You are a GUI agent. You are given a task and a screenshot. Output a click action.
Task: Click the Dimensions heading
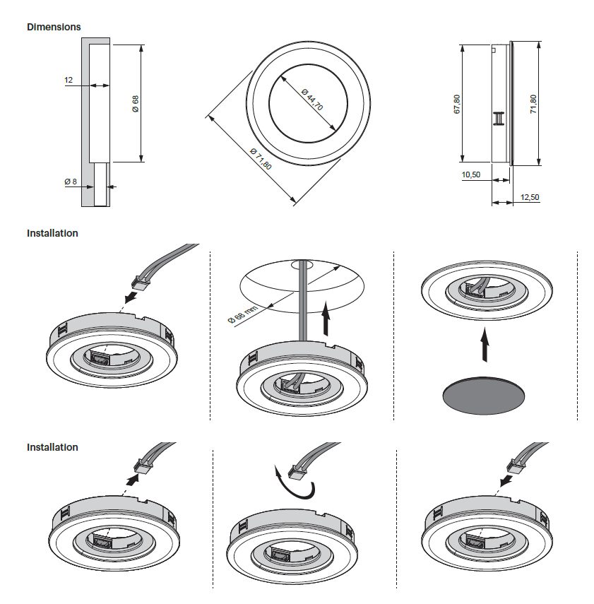[x=54, y=27]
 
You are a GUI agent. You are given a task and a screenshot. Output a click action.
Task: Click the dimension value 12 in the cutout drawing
[x=69, y=81]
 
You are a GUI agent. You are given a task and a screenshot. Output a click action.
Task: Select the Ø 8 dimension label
[x=70, y=182]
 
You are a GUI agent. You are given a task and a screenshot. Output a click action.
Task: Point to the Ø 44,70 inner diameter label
[x=311, y=100]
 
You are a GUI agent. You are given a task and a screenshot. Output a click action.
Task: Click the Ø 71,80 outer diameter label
[x=261, y=160]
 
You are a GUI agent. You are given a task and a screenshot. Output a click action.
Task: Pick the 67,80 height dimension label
[x=456, y=104]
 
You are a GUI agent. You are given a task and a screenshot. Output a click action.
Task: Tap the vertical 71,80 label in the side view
[x=533, y=104]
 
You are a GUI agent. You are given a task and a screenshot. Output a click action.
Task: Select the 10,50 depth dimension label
[x=470, y=174]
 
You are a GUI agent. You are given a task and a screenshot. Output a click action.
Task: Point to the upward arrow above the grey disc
[x=485, y=347]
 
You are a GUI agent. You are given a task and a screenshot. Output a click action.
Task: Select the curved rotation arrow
[x=292, y=482]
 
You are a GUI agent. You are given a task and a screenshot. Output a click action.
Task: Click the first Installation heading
[x=52, y=233]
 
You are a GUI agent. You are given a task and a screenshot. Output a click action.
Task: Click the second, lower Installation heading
[x=52, y=447]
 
